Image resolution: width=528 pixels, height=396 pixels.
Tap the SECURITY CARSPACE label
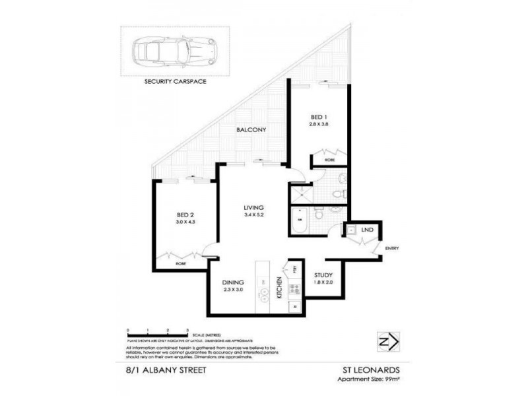[175, 82]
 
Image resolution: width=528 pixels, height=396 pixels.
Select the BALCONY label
[251, 130]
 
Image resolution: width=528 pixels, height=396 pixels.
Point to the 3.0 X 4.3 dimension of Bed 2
[187, 222]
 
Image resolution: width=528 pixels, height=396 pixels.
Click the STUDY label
[323, 275]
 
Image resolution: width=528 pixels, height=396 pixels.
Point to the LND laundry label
[368, 230]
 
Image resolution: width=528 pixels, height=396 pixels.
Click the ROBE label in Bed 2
[180, 263]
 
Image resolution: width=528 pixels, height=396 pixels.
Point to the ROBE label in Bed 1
[329, 160]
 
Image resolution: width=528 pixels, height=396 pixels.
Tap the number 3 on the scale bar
[188, 329]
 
